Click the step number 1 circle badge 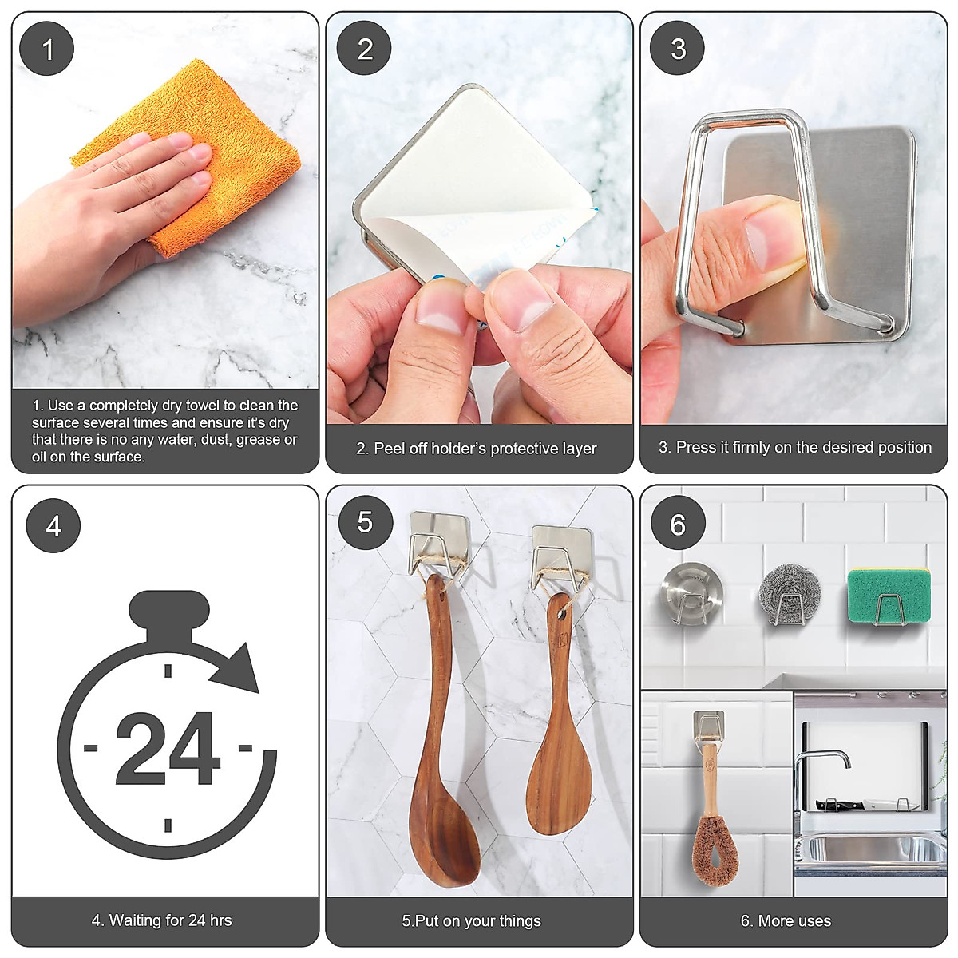pos(47,49)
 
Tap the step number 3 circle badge pos(678,49)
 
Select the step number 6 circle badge pos(677,525)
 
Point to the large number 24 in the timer pos(168,750)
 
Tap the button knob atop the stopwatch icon pos(169,611)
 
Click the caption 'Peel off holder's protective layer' pos(477,449)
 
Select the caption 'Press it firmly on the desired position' pos(795,448)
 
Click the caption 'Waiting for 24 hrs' pos(162,920)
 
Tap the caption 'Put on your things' pos(472,920)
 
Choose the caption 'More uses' pos(786,920)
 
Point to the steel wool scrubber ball pos(787,595)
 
